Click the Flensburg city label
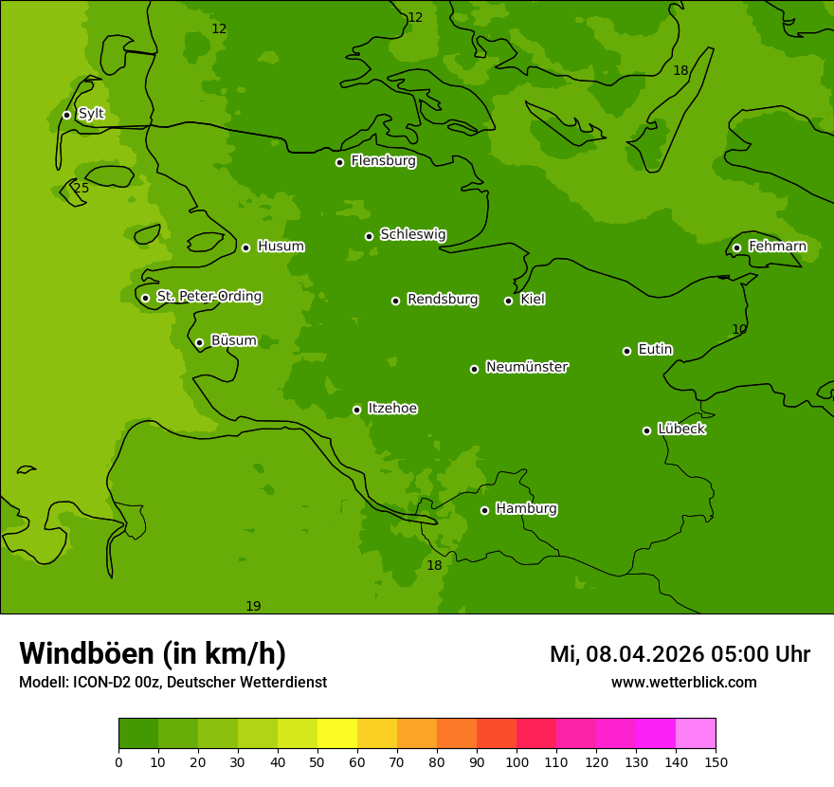pos(383,161)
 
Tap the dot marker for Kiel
pos(508,301)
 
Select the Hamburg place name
pos(526,509)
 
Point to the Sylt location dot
pos(66,115)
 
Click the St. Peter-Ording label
pos(208,297)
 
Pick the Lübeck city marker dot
pos(646,430)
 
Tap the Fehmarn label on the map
pos(777,247)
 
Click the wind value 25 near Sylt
pos(82,189)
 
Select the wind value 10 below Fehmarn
pos(739,330)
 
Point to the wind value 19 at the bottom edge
pos(253,607)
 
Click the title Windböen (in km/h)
pos(153,653)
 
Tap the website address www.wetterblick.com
pos(683,683)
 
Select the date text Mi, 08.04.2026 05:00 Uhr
pos(680,654)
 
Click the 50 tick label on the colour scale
pos(317,762)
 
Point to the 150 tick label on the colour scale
pos(716,762)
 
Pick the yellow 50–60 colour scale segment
pos(337,734)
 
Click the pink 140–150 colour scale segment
pos(696,734)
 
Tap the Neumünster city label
pos(526,367)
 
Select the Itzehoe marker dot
pos(356,410)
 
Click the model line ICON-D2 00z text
pos(172,683)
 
